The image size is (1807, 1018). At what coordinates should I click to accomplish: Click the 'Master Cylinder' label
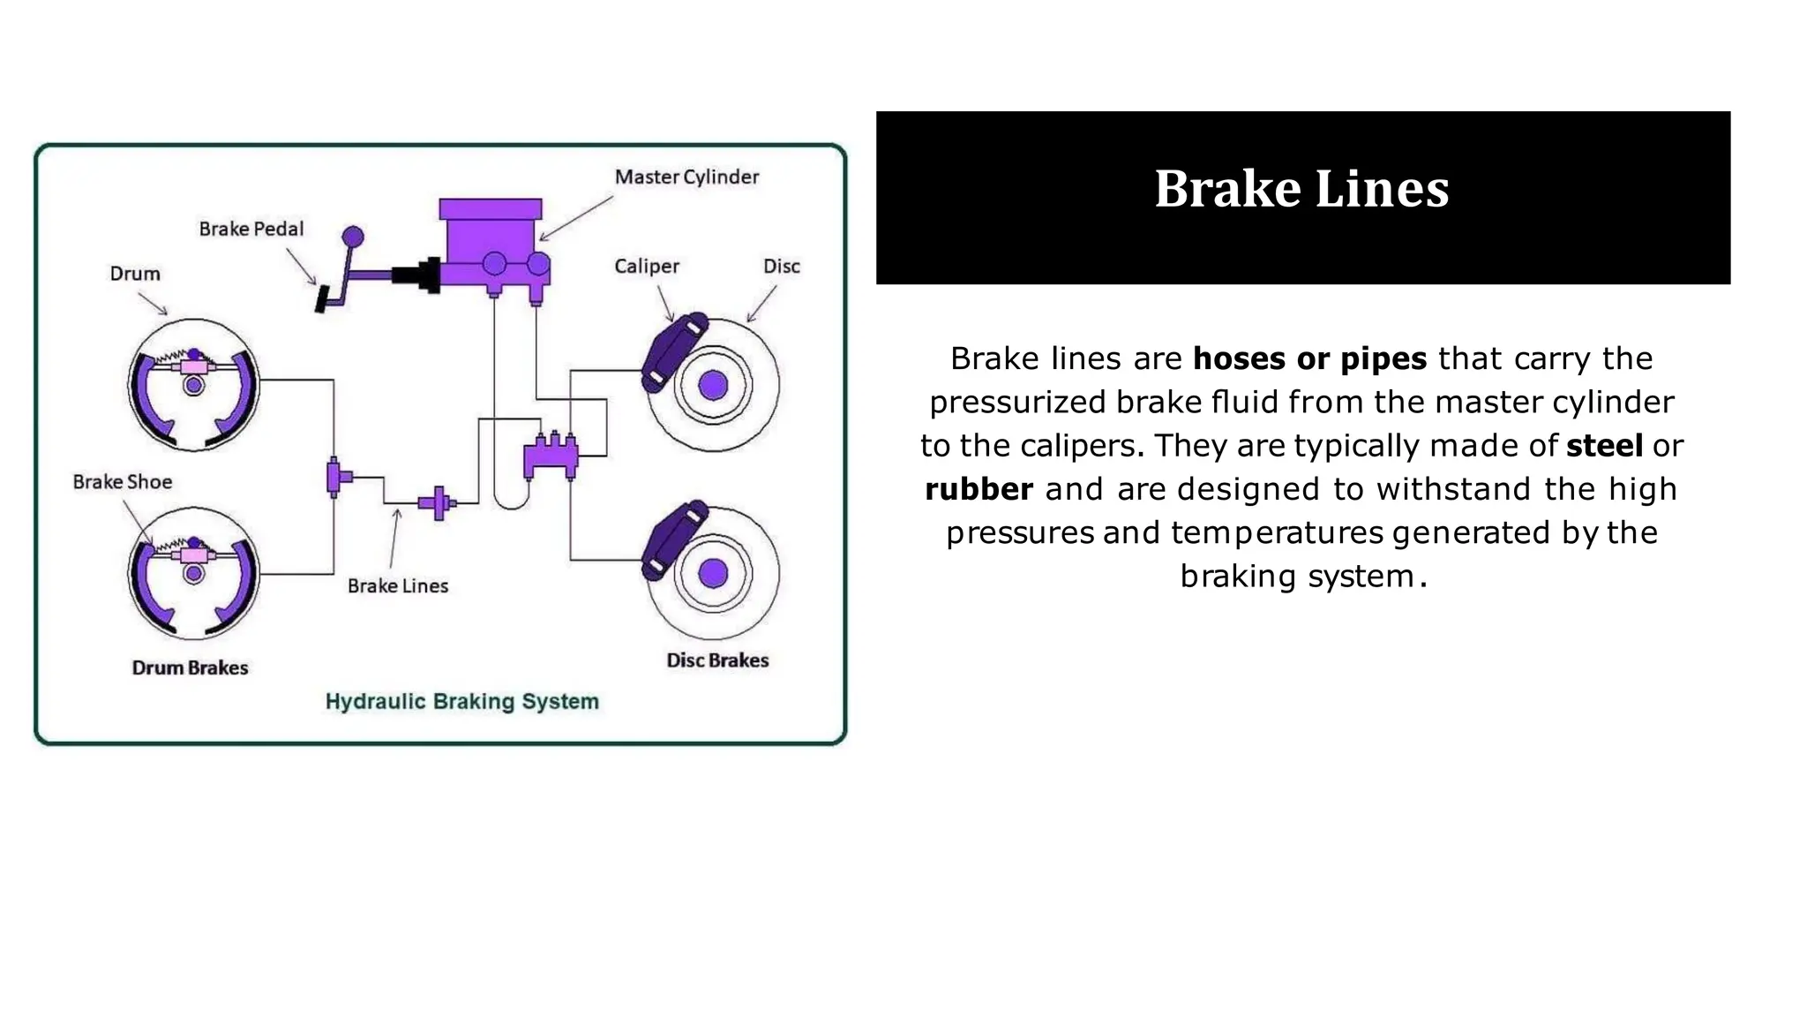point(686,177)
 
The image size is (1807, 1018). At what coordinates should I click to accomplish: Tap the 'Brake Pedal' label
point(251,230)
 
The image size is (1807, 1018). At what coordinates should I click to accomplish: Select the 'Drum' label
point(135,274)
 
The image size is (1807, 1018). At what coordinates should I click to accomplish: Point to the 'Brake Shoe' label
point(122,482)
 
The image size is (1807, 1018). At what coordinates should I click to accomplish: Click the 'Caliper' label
point(647,267)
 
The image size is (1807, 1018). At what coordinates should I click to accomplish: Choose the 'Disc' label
point(781,267)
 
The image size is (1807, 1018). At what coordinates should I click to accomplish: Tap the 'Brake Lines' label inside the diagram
point(397,586)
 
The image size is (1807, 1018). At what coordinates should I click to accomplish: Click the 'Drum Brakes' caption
point(190,668)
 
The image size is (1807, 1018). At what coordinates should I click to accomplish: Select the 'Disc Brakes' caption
point(717,660)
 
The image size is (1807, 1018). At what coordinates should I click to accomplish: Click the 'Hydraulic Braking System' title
point(461,702)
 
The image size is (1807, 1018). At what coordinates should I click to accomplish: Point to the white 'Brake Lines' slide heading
point(1301,189)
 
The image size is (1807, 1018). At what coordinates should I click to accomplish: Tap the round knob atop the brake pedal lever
point(353,237)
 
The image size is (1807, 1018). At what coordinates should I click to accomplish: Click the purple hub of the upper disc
point(713,385)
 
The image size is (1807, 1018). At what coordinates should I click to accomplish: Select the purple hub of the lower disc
point(713,574)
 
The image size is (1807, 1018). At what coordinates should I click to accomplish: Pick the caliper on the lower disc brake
point(672,539)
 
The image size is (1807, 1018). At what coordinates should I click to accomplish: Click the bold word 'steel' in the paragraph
point(1604,446)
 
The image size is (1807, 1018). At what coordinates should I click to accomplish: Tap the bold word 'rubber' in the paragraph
point(978,489)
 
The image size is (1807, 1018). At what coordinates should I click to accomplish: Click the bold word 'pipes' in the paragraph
point(1383,359)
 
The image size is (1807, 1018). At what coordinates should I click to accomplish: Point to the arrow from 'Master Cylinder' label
point(575,218)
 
